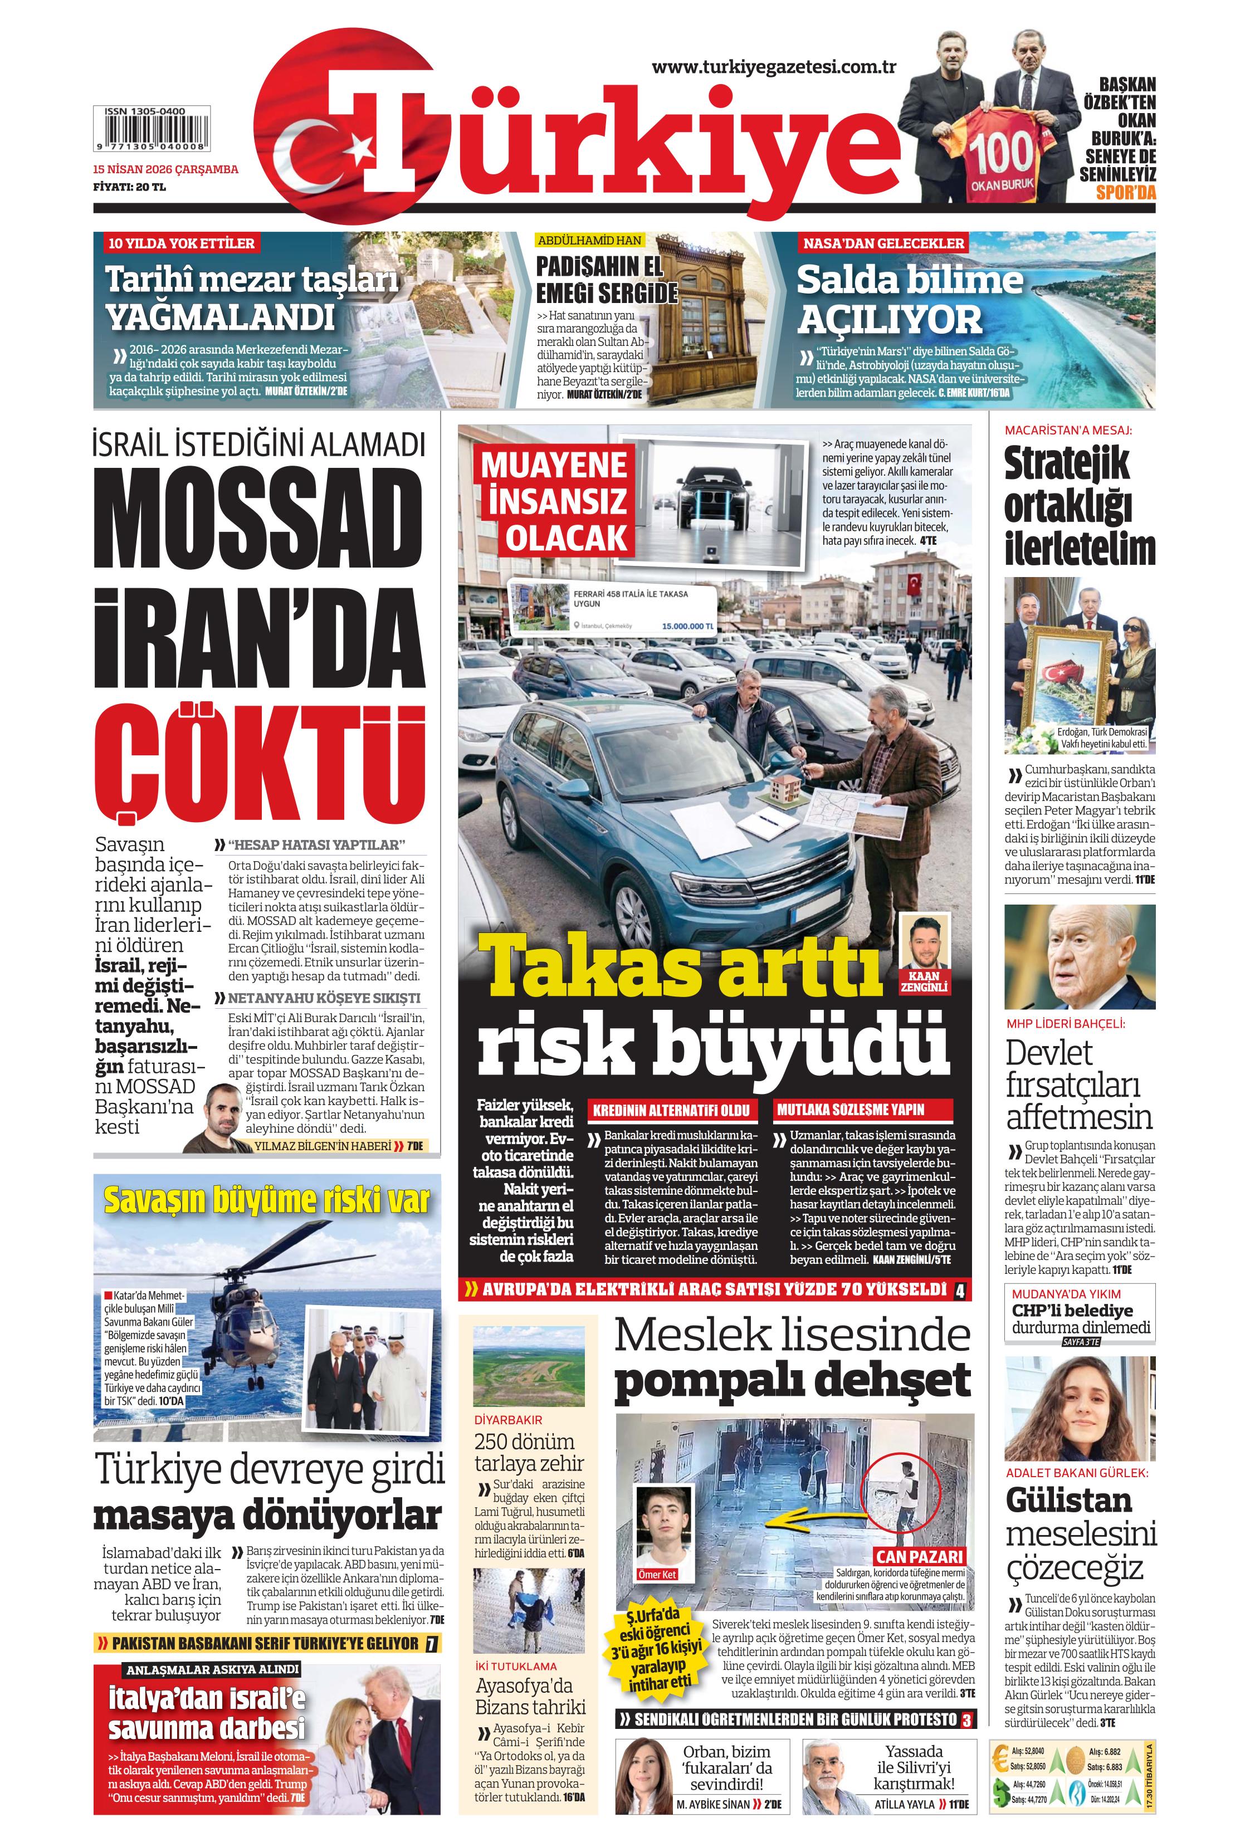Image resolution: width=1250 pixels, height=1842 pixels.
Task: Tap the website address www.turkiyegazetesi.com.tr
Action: (x=774, y=67)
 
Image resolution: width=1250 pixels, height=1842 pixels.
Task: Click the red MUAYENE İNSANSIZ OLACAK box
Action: (x=555, y=501)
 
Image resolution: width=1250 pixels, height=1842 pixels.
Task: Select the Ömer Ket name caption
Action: (x=657, y=1574)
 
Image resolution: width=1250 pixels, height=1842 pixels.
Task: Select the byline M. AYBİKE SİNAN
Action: (x=712, y=1805)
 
